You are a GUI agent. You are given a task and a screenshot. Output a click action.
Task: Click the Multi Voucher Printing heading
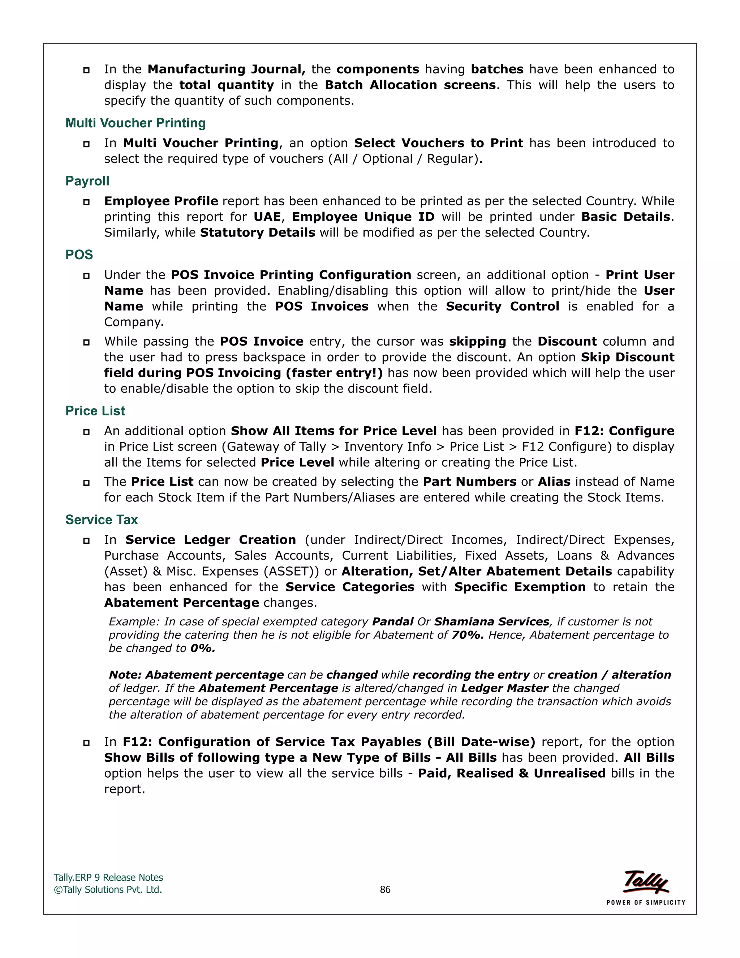135,123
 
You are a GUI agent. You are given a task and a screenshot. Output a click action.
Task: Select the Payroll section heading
87,181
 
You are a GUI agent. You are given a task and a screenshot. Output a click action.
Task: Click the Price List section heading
95,411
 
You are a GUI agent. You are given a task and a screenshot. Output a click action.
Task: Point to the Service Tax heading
101,519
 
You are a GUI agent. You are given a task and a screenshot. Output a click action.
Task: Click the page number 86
385,890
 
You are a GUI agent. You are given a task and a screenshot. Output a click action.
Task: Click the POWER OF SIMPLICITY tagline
645,902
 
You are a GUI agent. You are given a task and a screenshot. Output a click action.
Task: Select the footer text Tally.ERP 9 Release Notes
108,877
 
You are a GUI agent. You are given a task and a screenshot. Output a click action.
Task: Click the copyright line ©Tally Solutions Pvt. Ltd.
108,890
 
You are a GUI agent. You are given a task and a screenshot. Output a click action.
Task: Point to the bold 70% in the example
467,635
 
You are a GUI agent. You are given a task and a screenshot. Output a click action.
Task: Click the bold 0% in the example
203,648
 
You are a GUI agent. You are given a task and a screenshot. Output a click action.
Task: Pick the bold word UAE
267,217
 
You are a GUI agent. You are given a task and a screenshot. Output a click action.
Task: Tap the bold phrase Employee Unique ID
363,217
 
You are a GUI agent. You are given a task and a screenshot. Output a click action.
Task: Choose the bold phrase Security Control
502,306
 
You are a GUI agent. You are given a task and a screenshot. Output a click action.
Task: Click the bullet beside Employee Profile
86,202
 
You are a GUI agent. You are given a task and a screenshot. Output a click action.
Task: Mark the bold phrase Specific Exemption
520,587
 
